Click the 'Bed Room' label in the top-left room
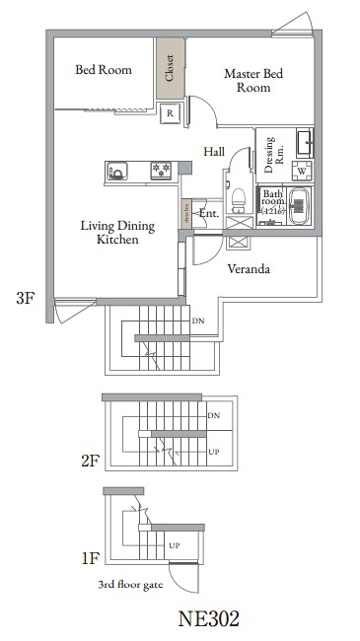[104, 70]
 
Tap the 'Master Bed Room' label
[254, 80]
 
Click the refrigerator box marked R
[170, 113]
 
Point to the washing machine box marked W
[301, 171]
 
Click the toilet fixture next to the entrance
[237, 200]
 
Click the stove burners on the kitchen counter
[158, 173]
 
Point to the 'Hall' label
[214, 152]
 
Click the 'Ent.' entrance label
[208, 213]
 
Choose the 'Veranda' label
[250, 268]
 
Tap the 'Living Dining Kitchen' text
[116, 233]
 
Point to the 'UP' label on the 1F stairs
[174, 545]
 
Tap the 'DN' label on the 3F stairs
[197, 321]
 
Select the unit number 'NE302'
[208, 620]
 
